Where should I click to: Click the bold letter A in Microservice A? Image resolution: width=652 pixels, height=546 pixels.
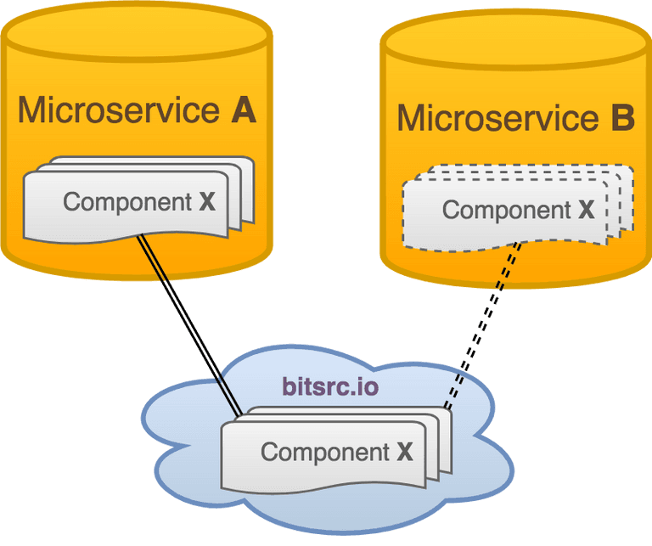[x=243, y=110]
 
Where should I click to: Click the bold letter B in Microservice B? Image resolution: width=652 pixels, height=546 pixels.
[x=622, y=119]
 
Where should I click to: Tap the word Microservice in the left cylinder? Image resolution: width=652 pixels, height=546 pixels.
[x=118, y=110]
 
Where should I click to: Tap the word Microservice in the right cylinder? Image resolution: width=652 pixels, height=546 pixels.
[x=497, y=119]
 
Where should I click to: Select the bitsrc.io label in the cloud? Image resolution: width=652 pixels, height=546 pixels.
[x=330, y=387]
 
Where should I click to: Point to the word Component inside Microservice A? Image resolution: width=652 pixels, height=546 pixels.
[x=127, y=202]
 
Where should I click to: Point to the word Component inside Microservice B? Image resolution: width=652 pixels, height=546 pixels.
[x=507, y=210]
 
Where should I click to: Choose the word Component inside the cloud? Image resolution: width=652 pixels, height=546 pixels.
[x=325, y=452]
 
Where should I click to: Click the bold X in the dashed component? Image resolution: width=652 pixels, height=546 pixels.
[x=586, y=210]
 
